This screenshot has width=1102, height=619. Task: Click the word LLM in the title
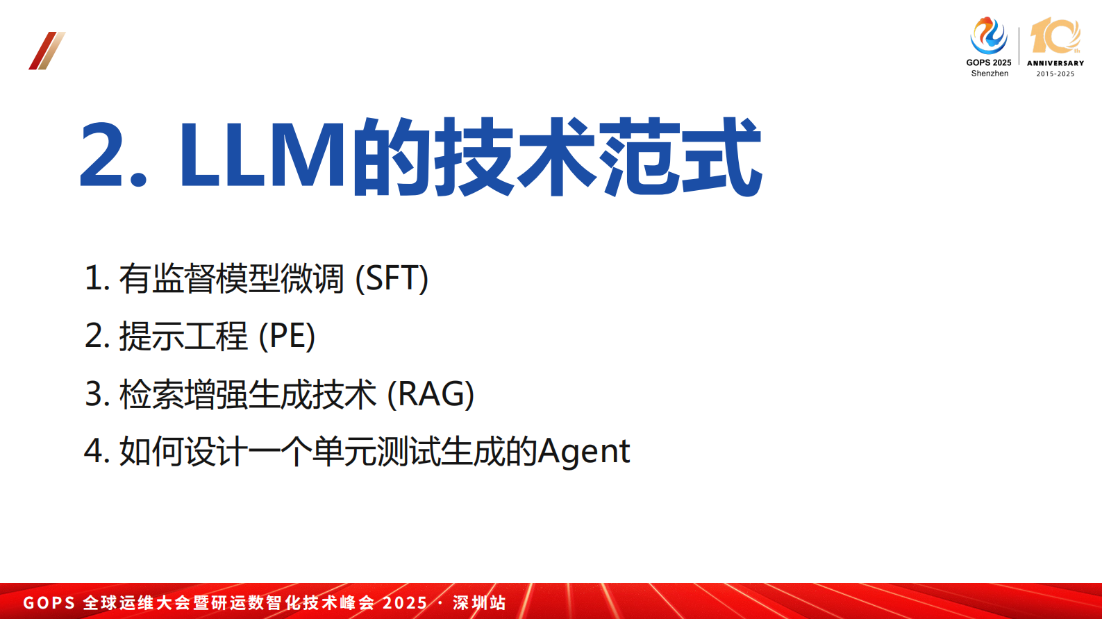262,155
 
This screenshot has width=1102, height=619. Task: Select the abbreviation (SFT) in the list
392,278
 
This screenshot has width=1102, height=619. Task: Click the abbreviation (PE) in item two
287,337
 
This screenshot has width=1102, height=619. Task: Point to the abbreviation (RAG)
431,394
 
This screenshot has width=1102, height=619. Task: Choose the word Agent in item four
584,452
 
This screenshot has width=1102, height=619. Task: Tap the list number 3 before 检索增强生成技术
94,394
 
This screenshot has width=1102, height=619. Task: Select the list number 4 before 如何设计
94,452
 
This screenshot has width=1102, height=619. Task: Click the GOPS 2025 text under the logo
989,62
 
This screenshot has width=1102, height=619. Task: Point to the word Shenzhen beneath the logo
990,74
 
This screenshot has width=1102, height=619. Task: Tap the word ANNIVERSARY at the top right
1055,63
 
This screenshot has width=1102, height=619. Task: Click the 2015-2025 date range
1055,74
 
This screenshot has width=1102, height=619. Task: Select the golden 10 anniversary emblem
1055,36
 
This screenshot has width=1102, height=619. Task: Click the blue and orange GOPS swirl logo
988,35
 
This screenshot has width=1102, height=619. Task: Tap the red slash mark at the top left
47,51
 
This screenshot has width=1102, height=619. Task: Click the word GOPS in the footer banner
49,602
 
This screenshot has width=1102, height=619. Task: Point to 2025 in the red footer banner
405,602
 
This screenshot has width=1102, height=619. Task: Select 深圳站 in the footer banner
479,602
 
